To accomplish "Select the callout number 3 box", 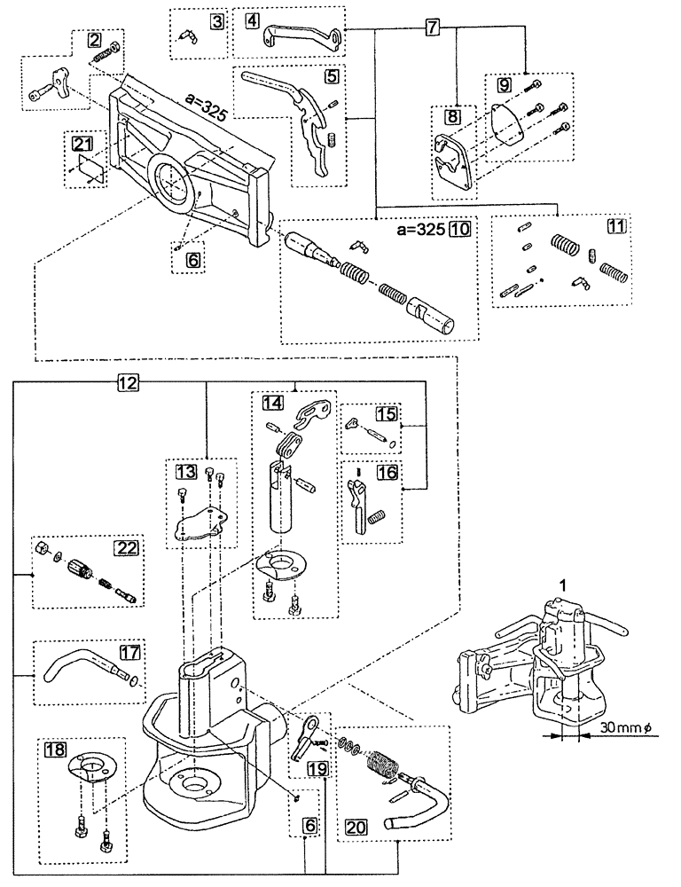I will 216,21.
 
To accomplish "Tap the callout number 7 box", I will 431,27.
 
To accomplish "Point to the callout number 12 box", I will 128,383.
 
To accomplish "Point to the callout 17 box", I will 129,652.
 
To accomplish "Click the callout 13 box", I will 185,470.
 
